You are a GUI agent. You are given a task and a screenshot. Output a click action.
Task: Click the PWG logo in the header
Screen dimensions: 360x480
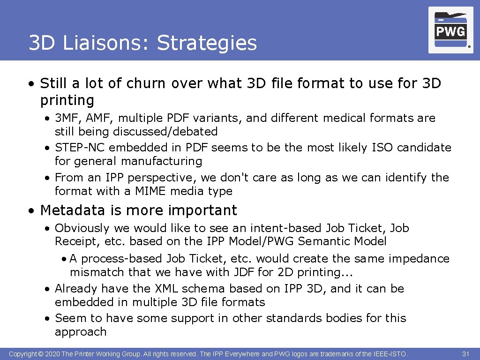(x=450, y=30)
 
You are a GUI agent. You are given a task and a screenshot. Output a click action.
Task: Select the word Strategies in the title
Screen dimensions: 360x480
(x=207, y=43)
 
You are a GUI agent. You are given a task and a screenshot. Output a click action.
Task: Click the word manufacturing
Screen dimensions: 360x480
(x=161, y=161)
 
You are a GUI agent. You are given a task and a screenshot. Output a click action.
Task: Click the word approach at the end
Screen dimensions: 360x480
(x=81, y=332)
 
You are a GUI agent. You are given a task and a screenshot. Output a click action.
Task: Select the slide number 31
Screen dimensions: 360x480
(x=465, y=354)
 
